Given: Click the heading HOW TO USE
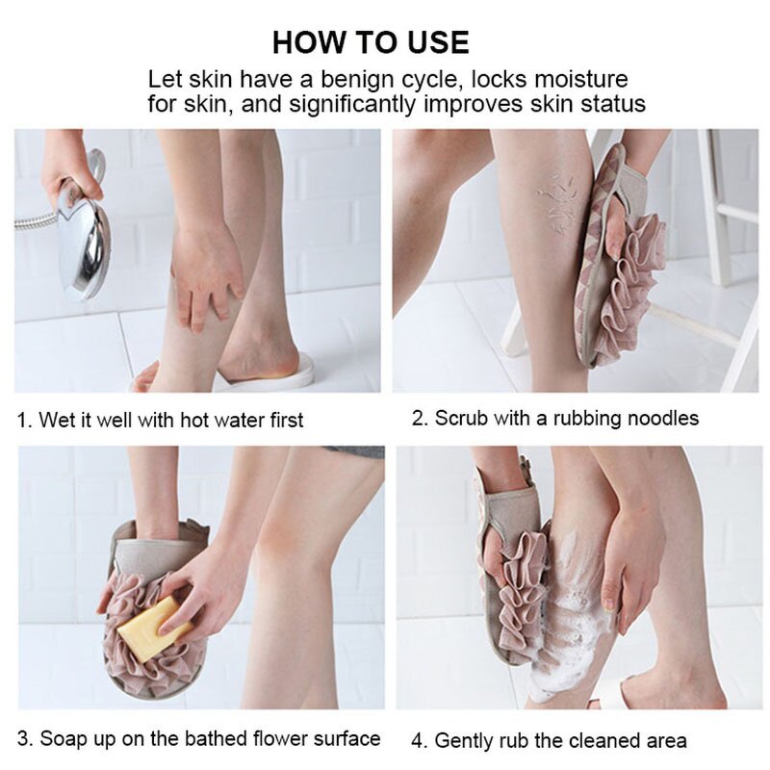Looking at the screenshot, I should click(x=371, y=42).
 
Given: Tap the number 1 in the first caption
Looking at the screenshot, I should click(x=23, y=421).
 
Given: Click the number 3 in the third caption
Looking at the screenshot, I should click(x=23, y=739).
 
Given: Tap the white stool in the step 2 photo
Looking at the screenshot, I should click(x=717, y=241).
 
